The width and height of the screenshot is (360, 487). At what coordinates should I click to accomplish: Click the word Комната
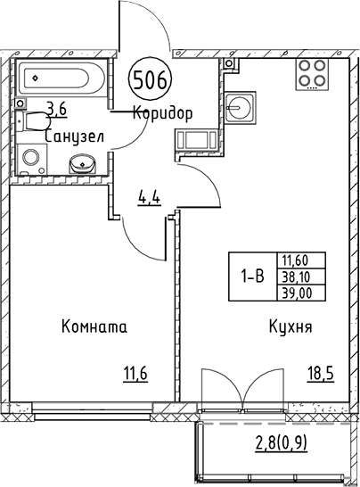94,327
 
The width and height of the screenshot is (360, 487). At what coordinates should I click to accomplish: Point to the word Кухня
290,327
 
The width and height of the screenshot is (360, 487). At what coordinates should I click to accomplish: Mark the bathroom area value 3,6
56,109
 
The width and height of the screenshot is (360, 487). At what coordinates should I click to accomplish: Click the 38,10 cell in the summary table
301,277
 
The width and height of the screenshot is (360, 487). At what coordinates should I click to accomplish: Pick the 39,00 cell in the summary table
301,292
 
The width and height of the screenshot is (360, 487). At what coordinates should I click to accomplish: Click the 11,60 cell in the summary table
301,260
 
